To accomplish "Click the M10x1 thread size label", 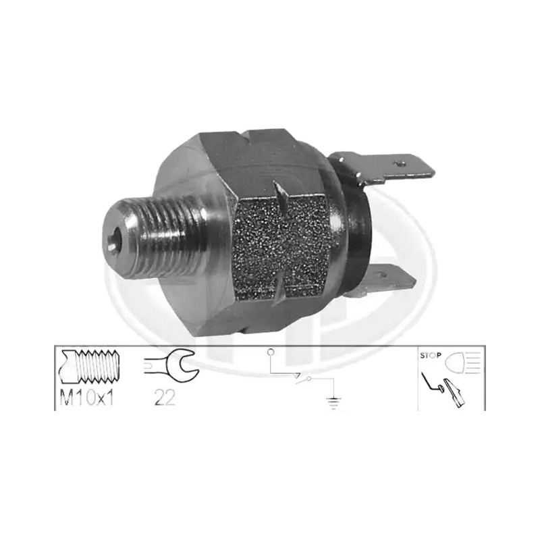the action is pos(87,398).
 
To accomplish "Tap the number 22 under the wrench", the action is pos(165,398).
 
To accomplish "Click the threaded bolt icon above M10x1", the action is pos(89,367).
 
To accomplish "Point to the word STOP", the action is pos(431,356).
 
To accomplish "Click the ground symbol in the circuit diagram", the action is pos(333,403).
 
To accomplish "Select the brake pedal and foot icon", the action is pos(444,389).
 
